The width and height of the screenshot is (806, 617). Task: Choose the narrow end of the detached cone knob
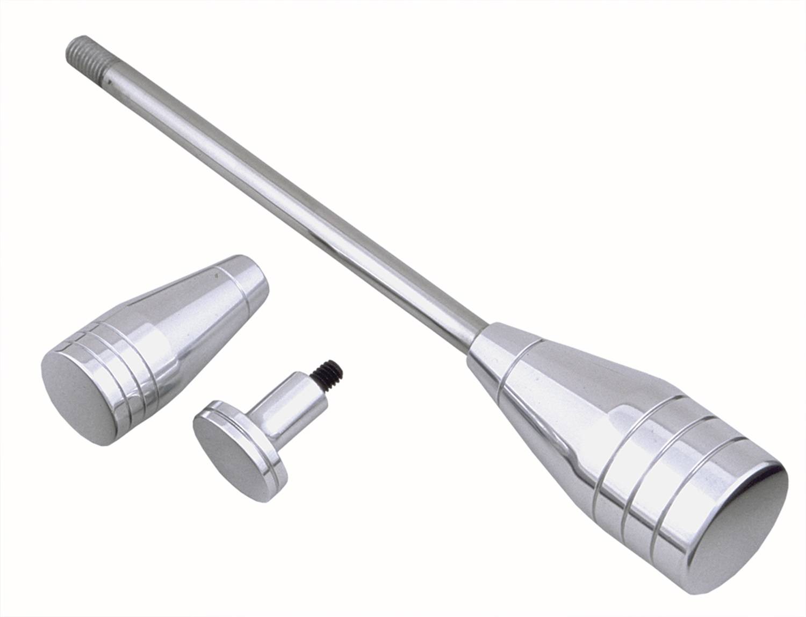pos(253,279)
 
